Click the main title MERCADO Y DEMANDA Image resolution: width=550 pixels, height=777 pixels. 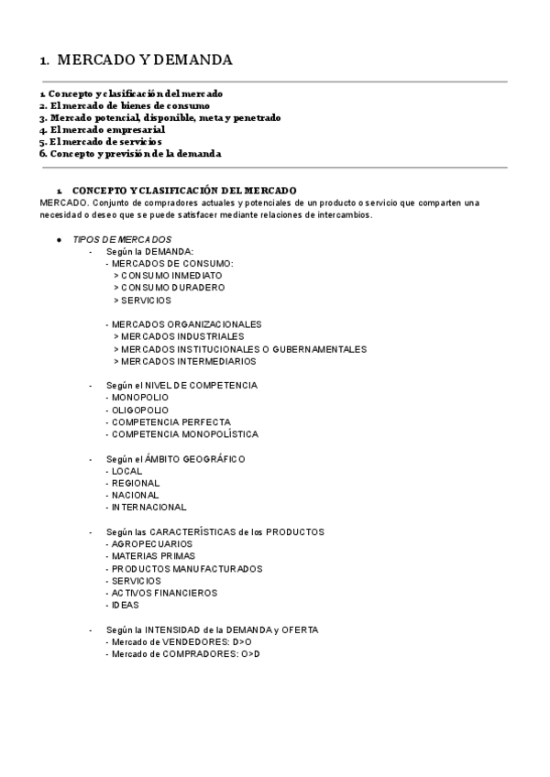tap(144, 60)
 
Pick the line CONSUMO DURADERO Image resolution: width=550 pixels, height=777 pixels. tap(172, 288)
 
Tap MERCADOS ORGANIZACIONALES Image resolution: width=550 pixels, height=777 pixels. tap(186, 324)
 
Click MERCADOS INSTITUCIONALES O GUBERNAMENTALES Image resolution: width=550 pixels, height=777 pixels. tap(243, 349)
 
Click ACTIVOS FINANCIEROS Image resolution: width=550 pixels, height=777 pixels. tap(164, 593)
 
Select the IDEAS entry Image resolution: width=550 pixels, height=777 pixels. tap(124, 605)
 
